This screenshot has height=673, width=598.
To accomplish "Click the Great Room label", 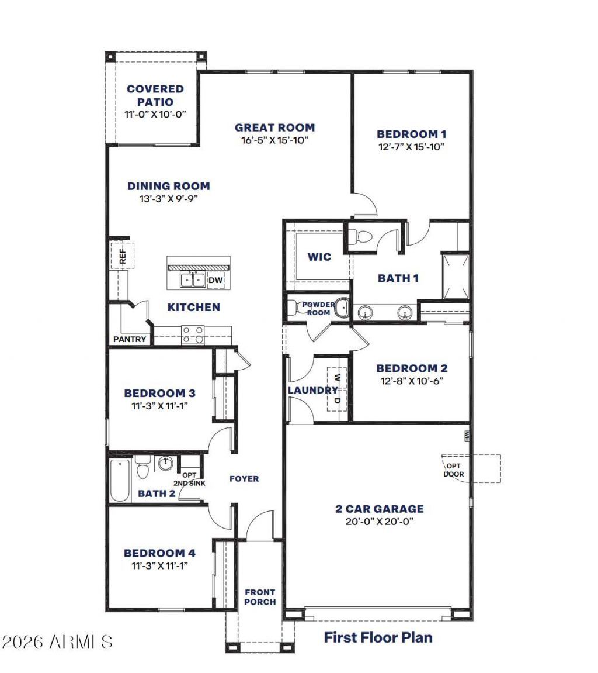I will [x=274, y=127].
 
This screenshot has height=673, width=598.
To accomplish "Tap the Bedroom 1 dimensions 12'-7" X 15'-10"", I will [x=411, y=147].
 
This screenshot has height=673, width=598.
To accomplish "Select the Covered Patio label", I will [x=155, y=95].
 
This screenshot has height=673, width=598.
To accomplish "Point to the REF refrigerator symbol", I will [x=123, y=256].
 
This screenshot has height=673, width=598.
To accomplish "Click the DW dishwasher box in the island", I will [x=215, y=281].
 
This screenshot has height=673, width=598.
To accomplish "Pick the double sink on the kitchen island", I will [x=192, y=280].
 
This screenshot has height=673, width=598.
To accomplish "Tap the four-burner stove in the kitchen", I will [x=193, y=334].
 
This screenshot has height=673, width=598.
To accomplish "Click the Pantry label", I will [x=130, y=339].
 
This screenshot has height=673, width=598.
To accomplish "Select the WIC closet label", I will [x=319, y=257].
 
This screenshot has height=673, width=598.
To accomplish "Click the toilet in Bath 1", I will [x=363, y=237].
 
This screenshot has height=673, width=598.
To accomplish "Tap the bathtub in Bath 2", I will [x=120, y=481].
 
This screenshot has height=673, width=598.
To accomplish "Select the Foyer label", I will [x=244, y=479].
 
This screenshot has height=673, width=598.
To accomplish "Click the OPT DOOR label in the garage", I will [x=453, y=470].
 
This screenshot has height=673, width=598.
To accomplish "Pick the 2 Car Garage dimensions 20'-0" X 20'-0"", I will [x=379, y=522].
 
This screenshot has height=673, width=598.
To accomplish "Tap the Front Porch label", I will [x=260, y=597].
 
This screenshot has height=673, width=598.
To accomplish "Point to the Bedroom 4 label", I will [x=159, y=553].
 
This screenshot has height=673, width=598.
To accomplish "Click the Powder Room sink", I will [x=342, y=307].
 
